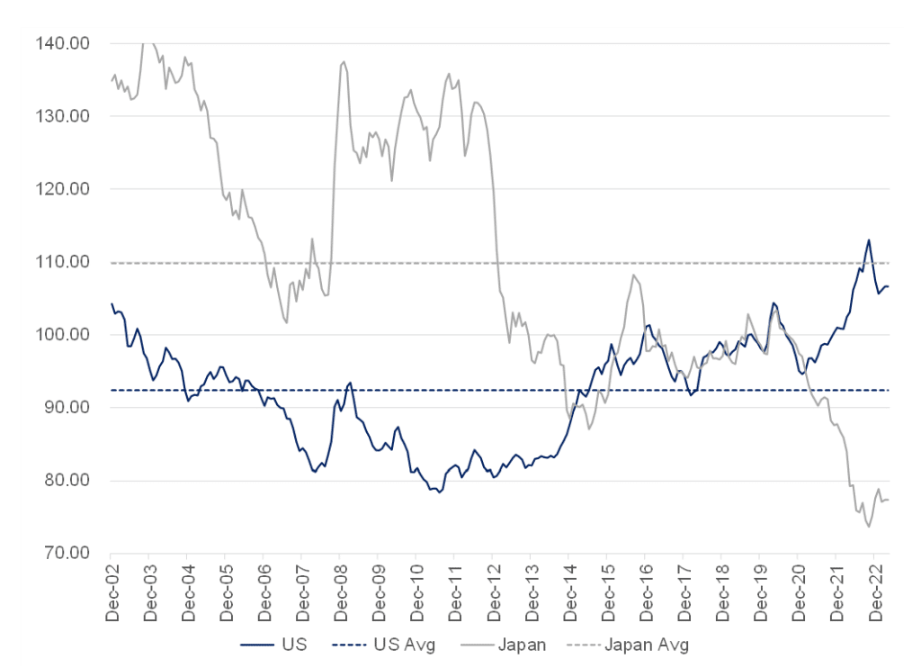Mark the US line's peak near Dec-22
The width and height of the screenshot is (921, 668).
point(869,239)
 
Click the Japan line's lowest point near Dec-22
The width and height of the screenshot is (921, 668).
point(869,527)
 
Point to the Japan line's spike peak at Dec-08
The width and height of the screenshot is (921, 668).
point(344,62)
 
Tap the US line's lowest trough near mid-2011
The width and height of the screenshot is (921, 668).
point(439,492)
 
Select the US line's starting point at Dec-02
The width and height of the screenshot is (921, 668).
point(112,303)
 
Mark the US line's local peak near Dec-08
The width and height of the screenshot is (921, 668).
point(349,383)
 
